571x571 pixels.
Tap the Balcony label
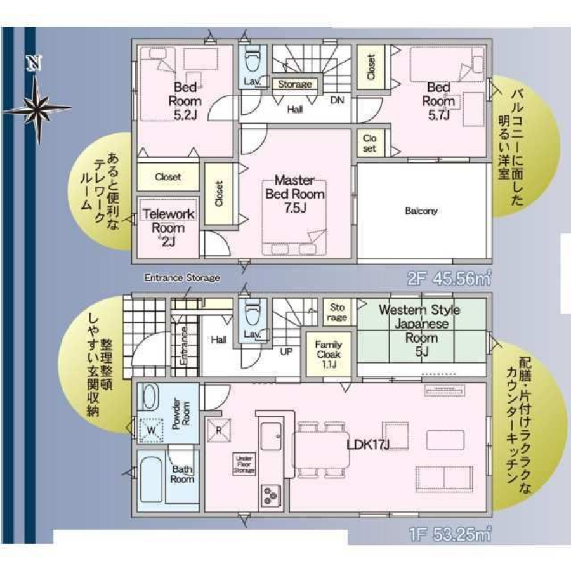(x=421, y=211)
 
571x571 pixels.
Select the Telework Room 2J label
(x=168, y=227)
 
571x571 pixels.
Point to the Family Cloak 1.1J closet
(x=329, y=354)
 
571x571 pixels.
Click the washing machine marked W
(x=152, y=430)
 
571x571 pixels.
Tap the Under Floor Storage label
(x=244, y=464)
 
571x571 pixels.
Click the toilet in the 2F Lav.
(x=251, y=62)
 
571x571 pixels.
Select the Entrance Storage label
(x=182, y=278)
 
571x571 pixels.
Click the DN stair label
(x=337, y=100)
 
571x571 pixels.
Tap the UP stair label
(x=286, y=350)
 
